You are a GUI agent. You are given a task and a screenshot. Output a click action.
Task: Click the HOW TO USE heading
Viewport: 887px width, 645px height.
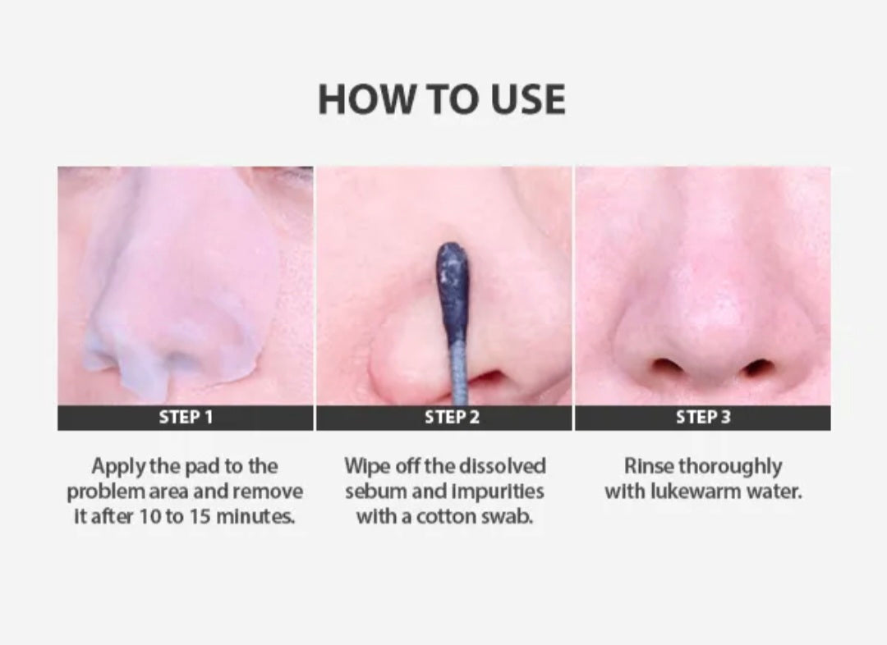[442, 99]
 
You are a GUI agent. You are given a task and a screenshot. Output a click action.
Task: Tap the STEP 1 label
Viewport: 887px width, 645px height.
[186, 417]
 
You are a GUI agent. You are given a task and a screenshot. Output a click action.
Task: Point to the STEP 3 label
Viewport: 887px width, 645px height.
[702, 417]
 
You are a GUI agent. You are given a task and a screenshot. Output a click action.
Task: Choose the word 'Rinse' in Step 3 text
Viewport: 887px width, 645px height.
[650, 466]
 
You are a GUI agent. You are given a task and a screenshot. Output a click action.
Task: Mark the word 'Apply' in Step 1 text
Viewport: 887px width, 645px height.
[116, 466]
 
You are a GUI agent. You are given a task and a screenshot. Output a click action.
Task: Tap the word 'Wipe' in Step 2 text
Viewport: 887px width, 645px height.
[365, 466]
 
